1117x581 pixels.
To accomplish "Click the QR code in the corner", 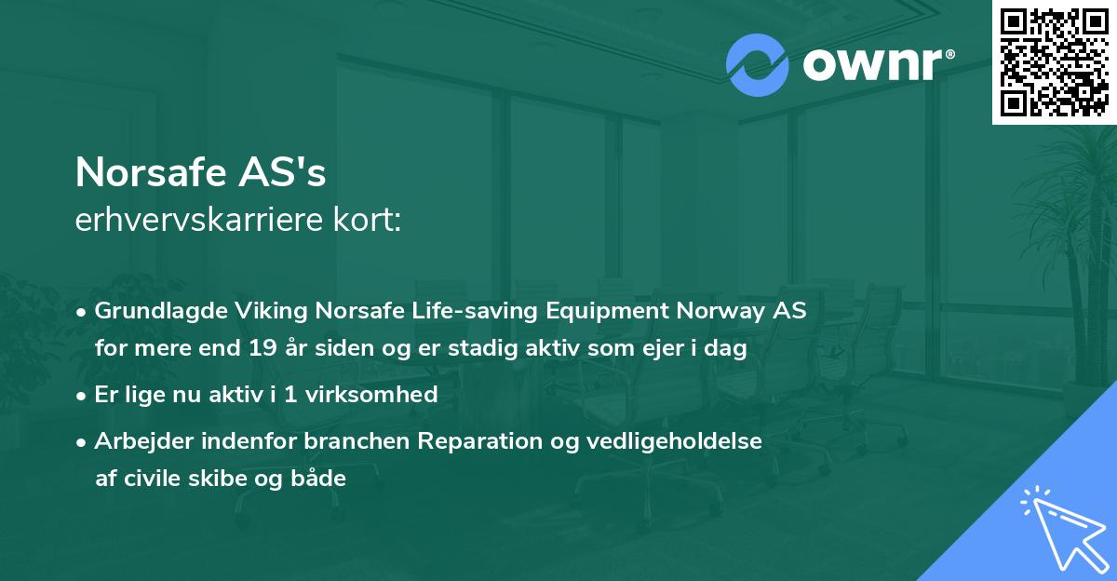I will pyautogui.click(x=1054, y=61).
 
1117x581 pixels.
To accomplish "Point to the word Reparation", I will pyautogui.click(x=489, y=441).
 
